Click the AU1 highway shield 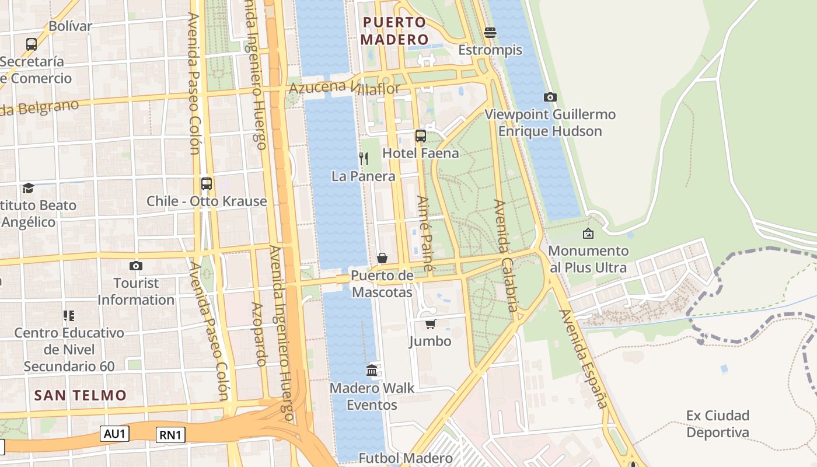[x=114, y=434]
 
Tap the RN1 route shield [x=171, y=435]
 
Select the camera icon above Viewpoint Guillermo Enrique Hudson [x=550, y=97]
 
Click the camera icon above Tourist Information [x=136, y=266]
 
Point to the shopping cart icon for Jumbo [x=430, y=324]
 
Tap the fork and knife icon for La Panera [x=363, y=158]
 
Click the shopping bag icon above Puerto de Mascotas [x=382, y=257]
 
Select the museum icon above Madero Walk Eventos [x=372, y=370]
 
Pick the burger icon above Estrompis [x=490, y=32]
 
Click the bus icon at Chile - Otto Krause [x=206, y=184]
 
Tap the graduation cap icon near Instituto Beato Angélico [x=28, y=188]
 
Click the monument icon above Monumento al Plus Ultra [x=588, y=233]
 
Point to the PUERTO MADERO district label [x=394, y=31]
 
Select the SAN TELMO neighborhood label [x=81, y=395]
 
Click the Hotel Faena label [x=420, y=153]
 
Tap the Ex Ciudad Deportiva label [x=718, y=424]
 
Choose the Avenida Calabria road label [x=505, y=259]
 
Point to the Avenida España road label [x=584, y=358]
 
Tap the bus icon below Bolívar [x=32, y=44]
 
